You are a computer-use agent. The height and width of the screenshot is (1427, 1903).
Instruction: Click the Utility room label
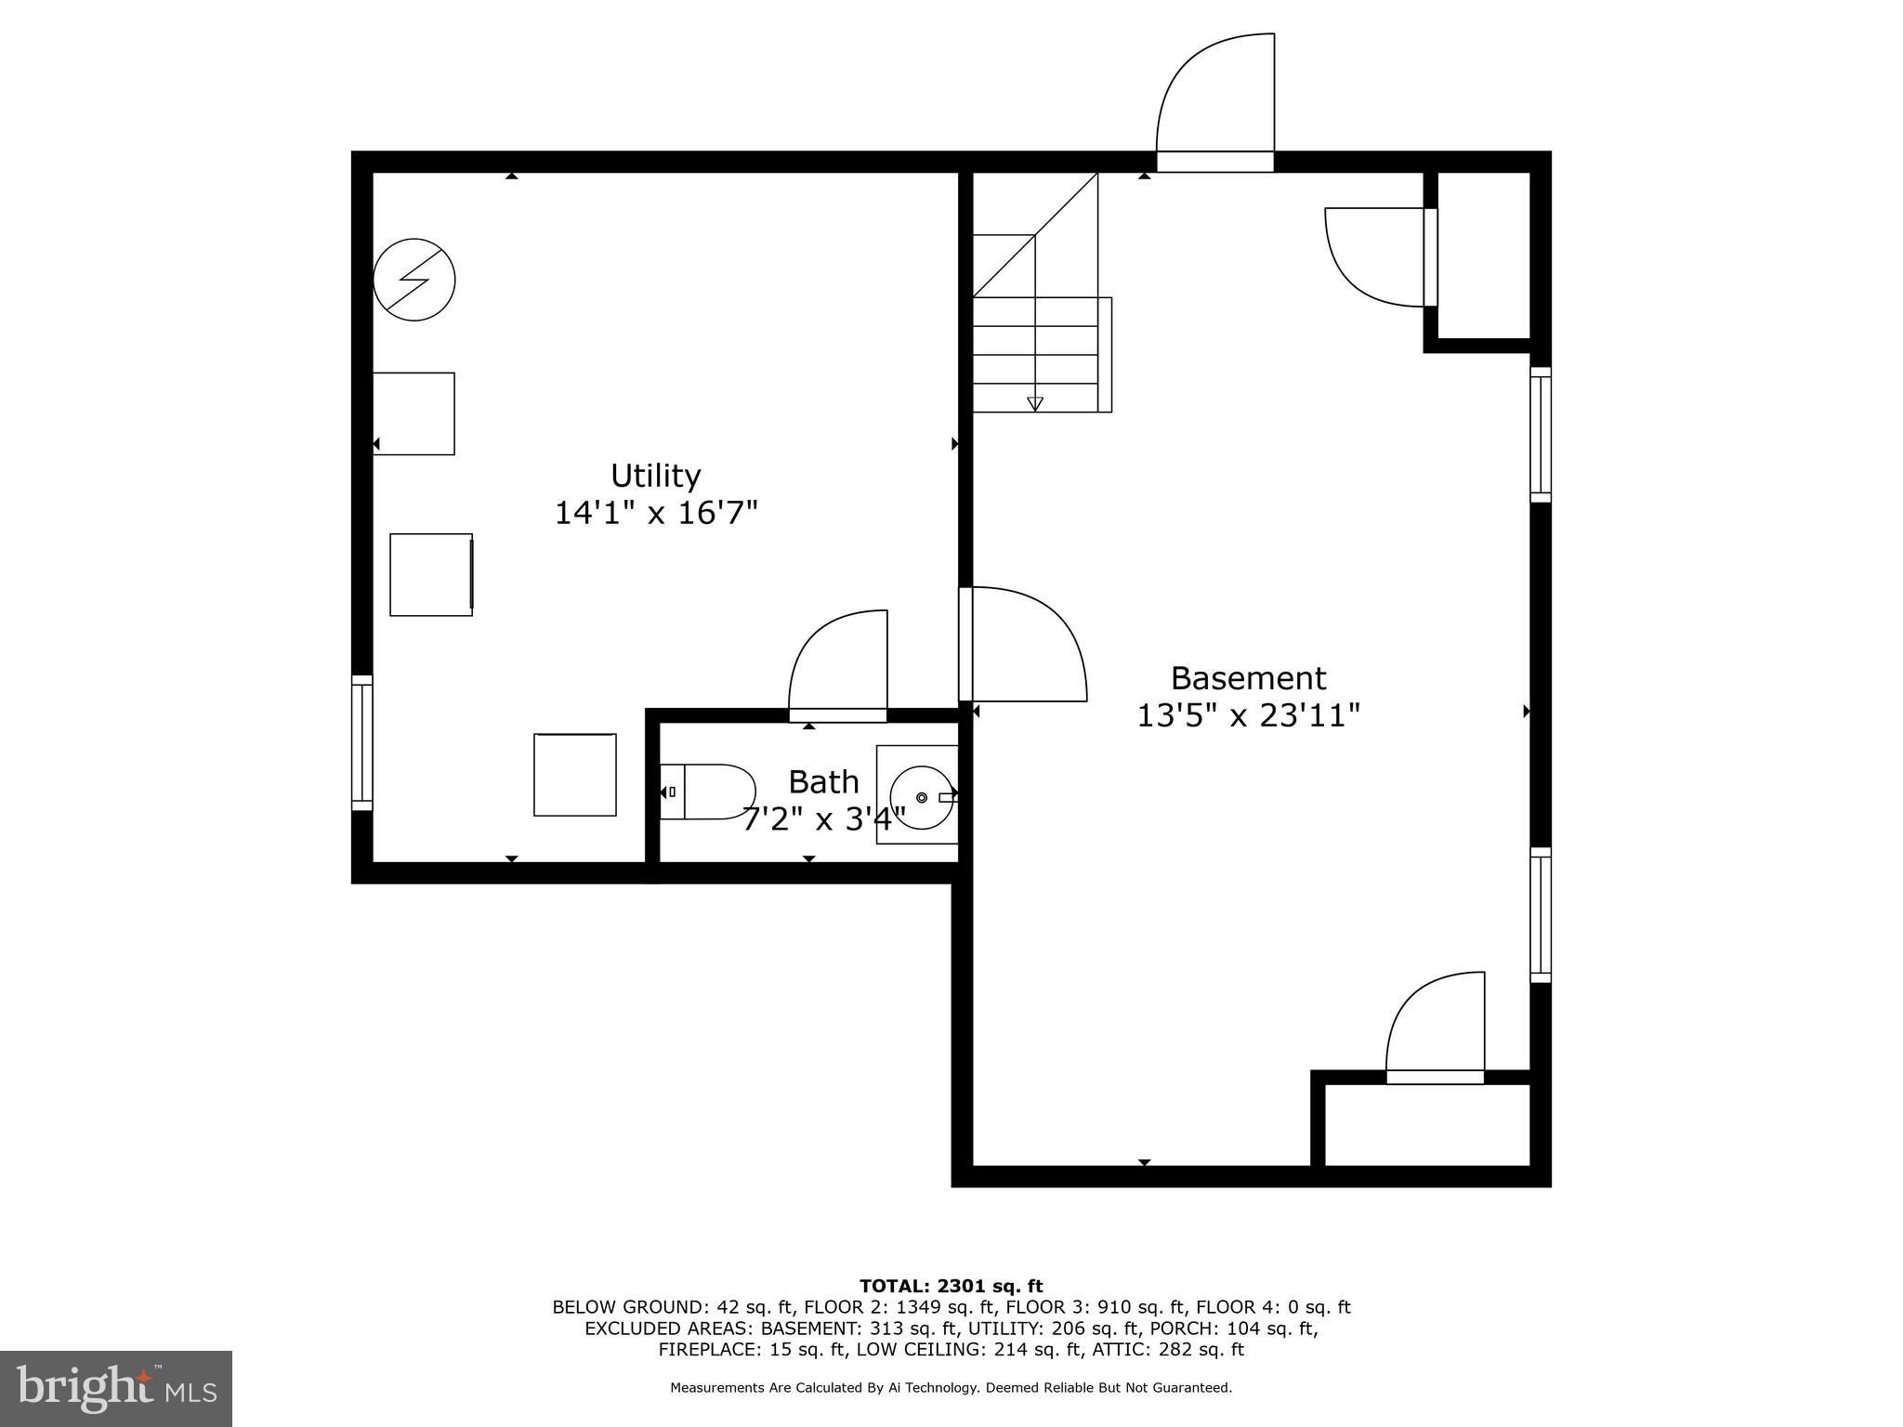point(655,476)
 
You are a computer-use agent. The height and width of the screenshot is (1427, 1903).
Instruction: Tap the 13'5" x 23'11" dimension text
point(1248,715)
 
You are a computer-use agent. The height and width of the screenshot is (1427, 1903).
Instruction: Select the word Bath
point(823,782)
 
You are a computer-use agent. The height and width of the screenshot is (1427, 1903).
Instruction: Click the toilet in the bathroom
point(709,792)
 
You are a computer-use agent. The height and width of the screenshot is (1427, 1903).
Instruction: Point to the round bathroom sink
point(921,797)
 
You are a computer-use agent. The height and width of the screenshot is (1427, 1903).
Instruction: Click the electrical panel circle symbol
point(414,280)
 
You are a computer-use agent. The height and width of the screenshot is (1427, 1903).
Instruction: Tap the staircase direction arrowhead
point(1035,403)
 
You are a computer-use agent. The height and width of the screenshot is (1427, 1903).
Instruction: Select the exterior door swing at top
point(1214,102)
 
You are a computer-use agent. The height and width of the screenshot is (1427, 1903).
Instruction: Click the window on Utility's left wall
point(361,742)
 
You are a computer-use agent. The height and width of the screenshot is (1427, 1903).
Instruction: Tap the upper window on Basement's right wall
point(1541,434)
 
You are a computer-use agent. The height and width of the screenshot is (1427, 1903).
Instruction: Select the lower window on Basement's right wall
point(1541,915)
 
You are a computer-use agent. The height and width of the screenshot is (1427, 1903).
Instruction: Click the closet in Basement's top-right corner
point(1483,255)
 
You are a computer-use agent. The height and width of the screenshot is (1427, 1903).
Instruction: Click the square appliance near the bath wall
point(575,775)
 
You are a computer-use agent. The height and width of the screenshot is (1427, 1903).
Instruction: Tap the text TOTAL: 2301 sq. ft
point(951,1286)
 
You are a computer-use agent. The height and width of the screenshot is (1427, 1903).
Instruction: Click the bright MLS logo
point(116,1388)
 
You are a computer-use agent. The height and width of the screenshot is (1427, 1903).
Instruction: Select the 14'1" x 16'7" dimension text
point(656,513)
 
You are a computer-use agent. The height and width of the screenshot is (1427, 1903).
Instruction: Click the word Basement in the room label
point(1248,678)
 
